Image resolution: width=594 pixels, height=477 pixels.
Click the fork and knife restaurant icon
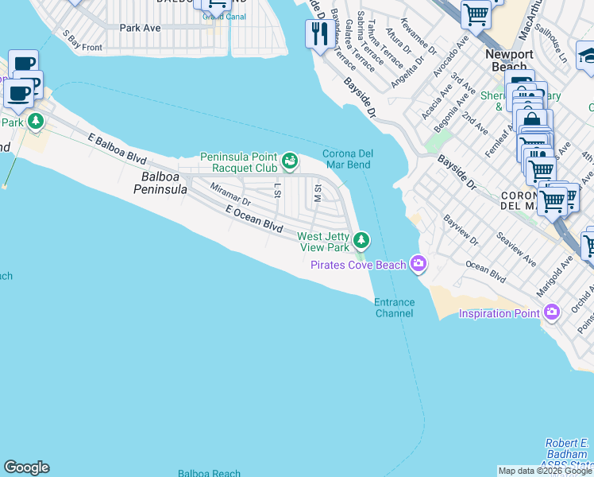319,34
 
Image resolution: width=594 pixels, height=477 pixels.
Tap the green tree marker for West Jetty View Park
361,239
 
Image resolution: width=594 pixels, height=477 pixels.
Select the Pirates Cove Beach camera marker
418,264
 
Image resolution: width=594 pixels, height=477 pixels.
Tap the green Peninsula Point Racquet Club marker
290,161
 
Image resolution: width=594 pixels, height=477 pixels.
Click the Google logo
26,467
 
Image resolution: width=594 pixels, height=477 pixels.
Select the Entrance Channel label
394,308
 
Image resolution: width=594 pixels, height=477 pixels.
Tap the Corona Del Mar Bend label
347,159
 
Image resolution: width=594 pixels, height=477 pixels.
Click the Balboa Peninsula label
164,183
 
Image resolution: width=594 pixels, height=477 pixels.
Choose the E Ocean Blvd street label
254,219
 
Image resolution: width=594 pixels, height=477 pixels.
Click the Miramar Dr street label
230,196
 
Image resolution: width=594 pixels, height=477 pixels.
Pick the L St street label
277,190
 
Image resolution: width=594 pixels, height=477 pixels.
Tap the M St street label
318,192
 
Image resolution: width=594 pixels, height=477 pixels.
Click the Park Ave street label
140,28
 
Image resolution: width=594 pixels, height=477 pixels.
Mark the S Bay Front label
83,42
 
